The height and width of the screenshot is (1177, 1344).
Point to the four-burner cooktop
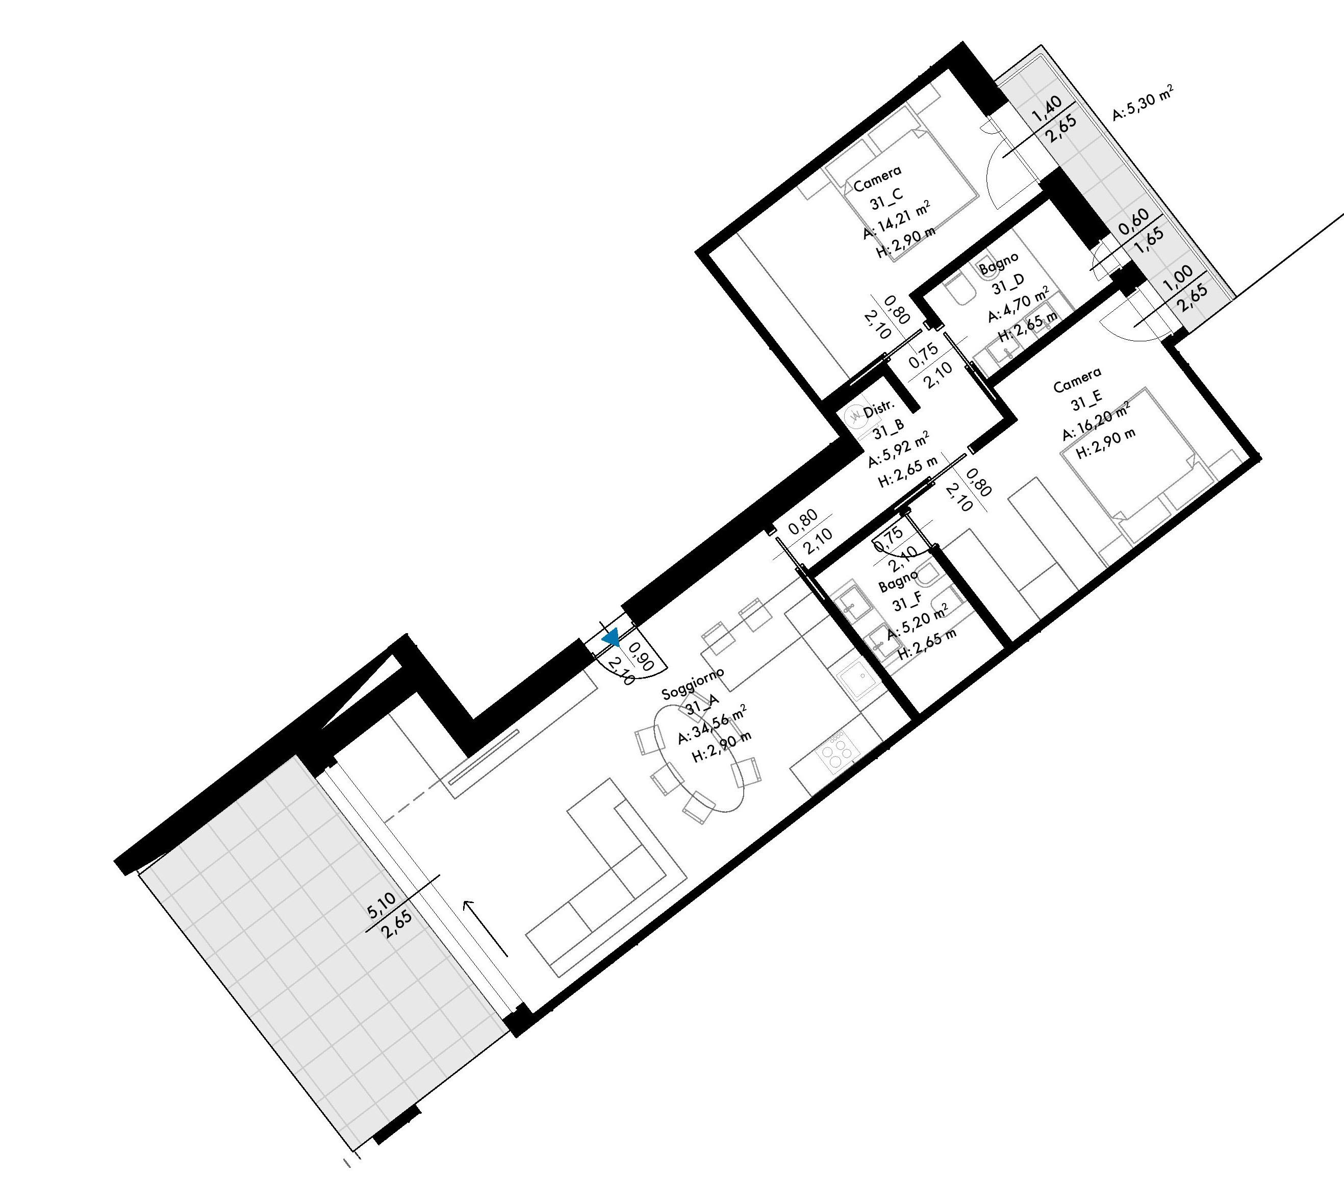(x=836, y=755)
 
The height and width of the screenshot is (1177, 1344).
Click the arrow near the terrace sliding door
(x=486, y=928)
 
